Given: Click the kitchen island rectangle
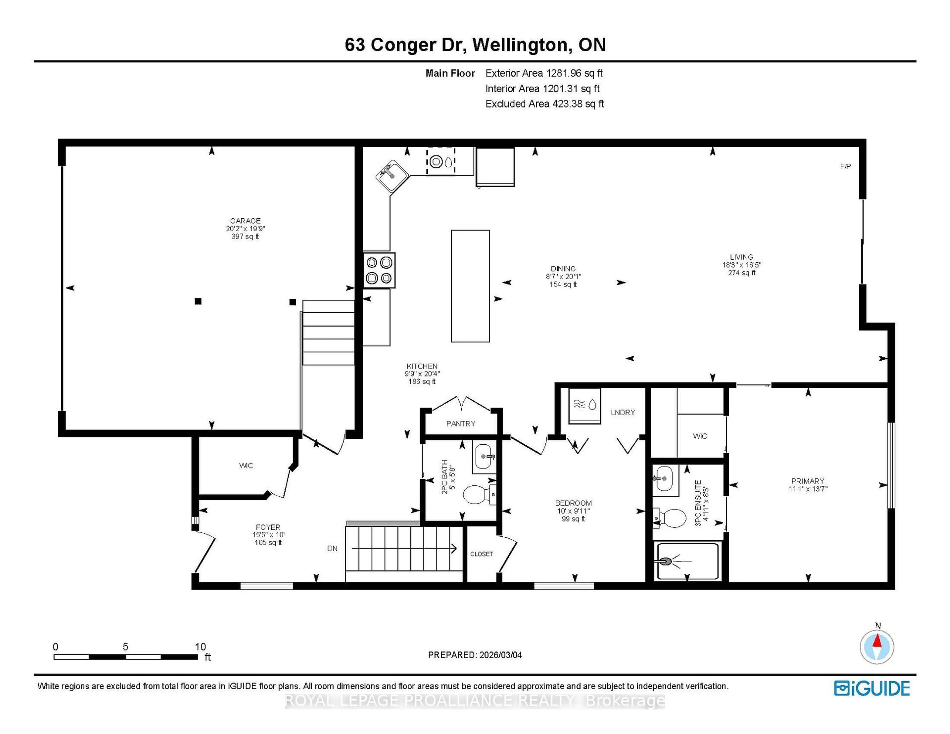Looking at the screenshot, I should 470,286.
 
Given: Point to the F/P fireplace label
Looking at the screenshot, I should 845,166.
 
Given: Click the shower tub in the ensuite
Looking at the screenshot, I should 687,561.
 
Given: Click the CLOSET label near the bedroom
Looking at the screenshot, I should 481,554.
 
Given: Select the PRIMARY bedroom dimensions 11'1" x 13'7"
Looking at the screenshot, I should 808,489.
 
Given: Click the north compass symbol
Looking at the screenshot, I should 877,647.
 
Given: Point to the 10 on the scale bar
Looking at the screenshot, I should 200,647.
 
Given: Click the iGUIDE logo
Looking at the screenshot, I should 872,688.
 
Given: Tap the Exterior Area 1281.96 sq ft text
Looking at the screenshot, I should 544,73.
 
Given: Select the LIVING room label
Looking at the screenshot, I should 741,257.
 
